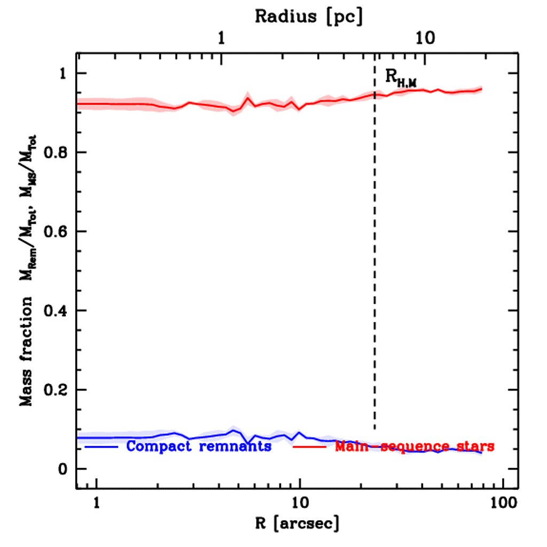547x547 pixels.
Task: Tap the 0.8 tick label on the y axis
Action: click(57, 153)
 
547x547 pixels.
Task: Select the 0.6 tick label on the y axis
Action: click(57, 232)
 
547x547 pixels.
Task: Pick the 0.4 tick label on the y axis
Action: click(57, 311)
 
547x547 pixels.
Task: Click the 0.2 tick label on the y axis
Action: click(57, 390)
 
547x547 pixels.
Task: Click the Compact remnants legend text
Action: click(199, 446)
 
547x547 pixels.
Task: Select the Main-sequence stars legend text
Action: click(414, 446)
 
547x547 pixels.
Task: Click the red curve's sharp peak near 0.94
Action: click(248, 98)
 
